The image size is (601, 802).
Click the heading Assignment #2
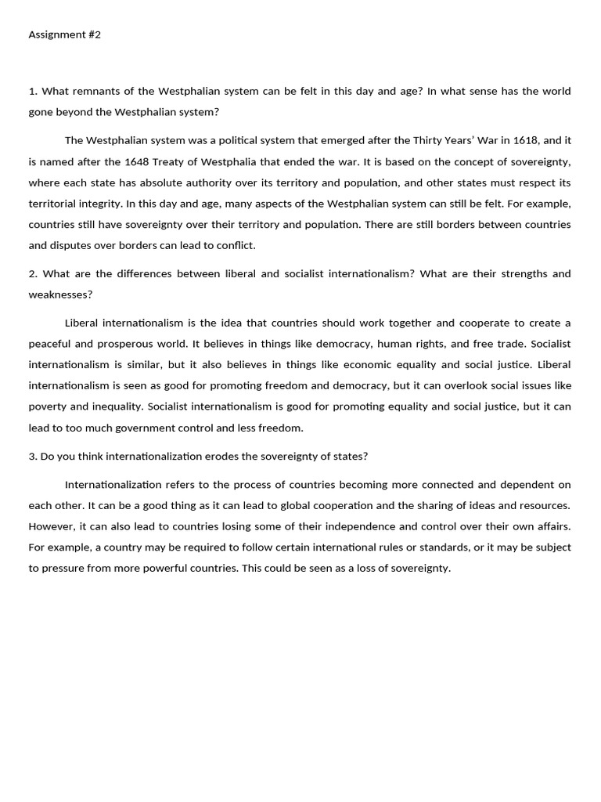pos(65,35)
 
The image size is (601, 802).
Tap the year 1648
pos(138,162)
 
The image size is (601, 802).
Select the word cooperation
pos(331,505)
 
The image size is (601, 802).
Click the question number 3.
pos(32,457)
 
